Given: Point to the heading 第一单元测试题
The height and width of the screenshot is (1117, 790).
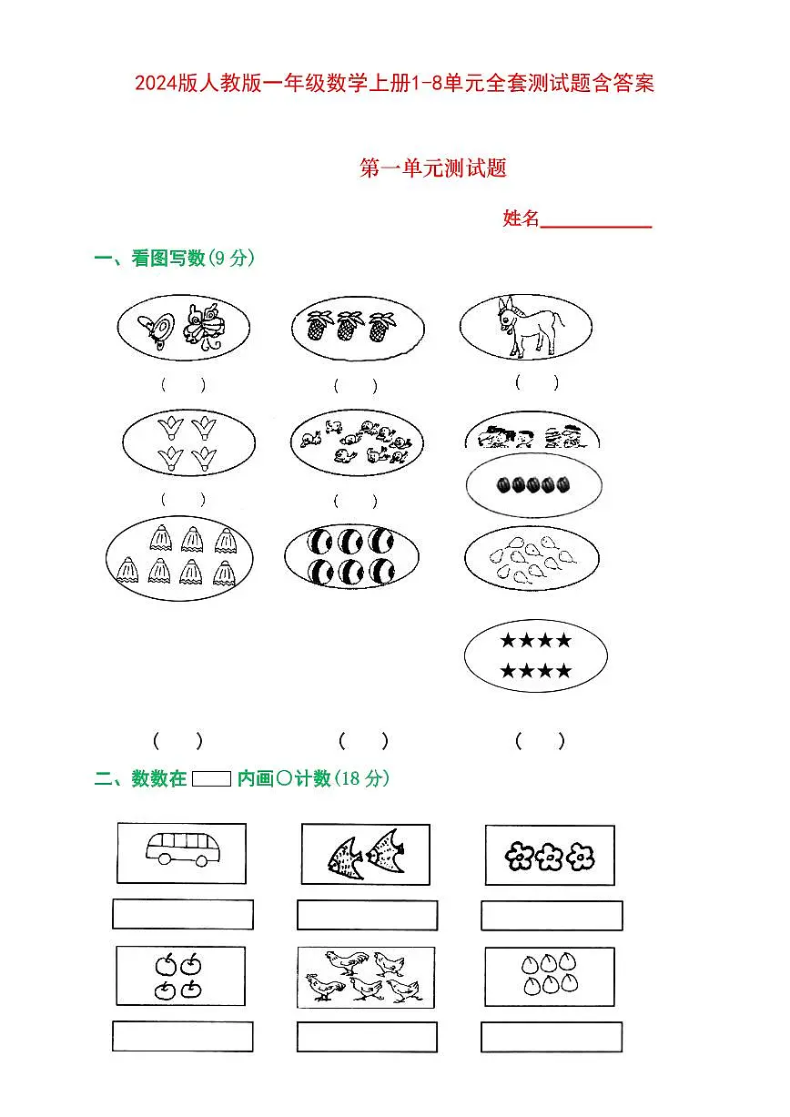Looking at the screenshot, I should tap(432, 168).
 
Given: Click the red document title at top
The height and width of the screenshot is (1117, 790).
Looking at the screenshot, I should tap(394, 85).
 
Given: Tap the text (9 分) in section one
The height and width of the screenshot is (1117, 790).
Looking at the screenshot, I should tap(231, 259).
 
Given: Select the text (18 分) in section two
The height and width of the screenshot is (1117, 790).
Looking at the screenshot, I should tap(362, 778).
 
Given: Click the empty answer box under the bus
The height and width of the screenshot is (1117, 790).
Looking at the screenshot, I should tap(182, 914).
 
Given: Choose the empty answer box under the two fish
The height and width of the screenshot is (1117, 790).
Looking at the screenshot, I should tap(367, 915).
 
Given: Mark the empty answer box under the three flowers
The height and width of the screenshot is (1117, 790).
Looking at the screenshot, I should tap(551, 915).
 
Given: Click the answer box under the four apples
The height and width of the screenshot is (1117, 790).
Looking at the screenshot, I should tap(182, 1036).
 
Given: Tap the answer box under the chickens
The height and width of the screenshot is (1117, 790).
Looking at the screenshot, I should tap(367, 1037).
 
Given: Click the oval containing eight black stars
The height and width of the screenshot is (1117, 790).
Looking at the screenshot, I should tap(535, 656).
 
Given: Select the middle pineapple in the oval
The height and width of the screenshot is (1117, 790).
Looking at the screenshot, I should tap(347, 327).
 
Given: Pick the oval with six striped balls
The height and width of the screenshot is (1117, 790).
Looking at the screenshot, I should tap(351, 556).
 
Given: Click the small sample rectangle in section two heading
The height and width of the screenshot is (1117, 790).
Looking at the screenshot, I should tap(212, 778).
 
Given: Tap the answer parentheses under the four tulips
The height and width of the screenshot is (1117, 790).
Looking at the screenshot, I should tap(183, 499).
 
